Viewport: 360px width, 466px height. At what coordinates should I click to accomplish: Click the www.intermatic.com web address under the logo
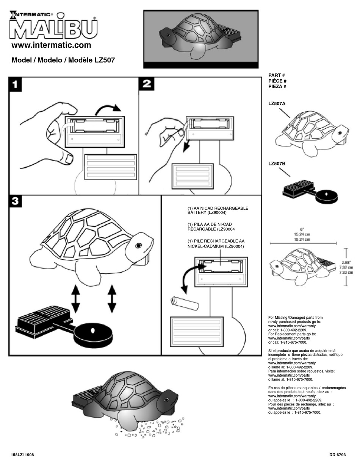click(x=51, y=45)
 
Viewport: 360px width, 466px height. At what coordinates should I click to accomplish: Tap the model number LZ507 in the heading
click(x=105, y=60)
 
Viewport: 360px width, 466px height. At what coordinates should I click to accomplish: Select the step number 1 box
click(x=15, y=84)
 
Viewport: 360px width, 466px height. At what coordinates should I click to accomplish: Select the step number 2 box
click(x=146, y=84)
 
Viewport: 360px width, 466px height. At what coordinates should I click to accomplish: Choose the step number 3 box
click(x=15, y=202)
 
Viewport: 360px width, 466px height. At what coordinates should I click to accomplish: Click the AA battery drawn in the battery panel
click(x=185, y=303)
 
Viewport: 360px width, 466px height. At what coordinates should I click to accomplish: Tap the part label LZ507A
click(x=277, y=103)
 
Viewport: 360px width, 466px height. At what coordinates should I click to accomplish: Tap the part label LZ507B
click(x=277, y=164)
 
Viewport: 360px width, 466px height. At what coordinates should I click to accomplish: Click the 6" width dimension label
click(x=302, y=229)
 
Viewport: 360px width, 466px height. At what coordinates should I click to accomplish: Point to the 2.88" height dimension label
click(x=346, y=262)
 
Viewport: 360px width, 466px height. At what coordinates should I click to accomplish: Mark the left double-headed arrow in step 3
click(x=75, y=299)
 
